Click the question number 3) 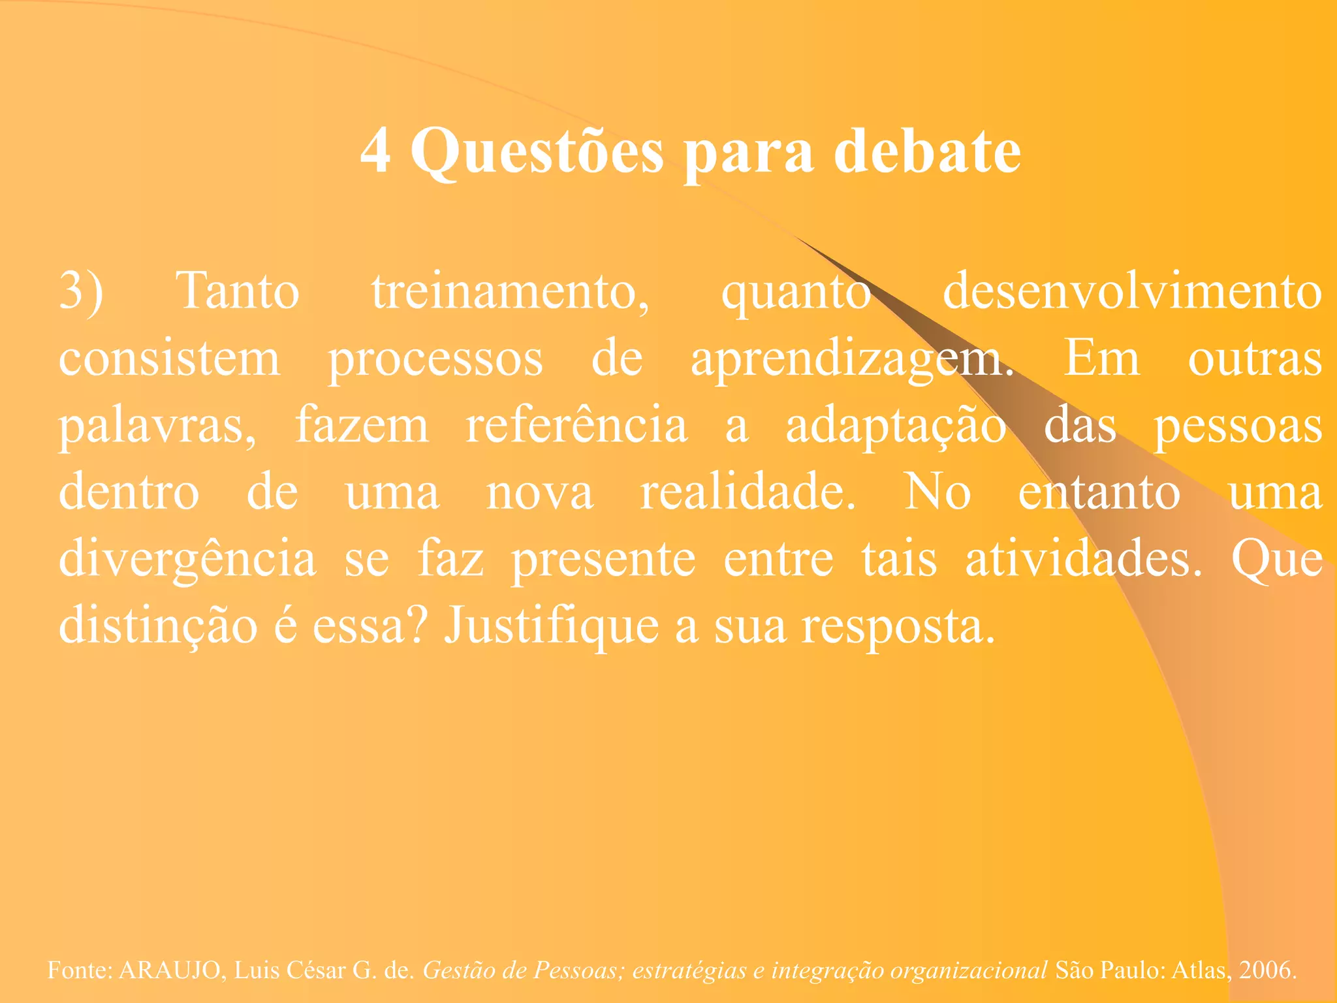81,291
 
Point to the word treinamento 510,291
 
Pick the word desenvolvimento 1132,291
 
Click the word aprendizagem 852,359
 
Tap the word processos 435,359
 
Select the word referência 576,426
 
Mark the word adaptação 895,426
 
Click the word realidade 747,492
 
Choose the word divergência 187,559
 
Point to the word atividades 1082,559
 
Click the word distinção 158,626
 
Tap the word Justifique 552,626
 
